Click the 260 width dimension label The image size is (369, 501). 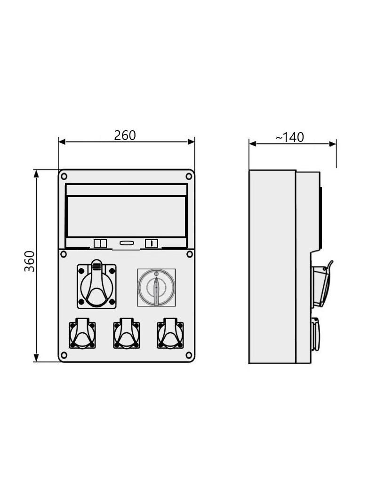click(125, 135)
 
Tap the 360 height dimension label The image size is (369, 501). click(30, 261)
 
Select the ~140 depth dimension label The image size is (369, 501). click(289, 137)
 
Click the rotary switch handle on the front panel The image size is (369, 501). click(156, 291)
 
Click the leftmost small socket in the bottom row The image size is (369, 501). click(82, 333)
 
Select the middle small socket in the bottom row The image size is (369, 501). click(127, 333)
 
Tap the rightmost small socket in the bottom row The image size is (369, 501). click(170, 333)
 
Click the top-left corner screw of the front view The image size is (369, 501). click(64, 176)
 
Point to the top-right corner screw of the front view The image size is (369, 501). click(189, 176)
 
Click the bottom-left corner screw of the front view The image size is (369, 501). click(64, 355)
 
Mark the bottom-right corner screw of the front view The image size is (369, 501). click(189, 355)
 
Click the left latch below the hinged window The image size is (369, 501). click(100, 243)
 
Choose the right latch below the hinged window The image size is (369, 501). click(152, 243)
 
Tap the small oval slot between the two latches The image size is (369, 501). click(126, 243)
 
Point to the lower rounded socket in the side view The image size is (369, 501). click(315, 334)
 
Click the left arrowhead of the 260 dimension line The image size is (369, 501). click(62, 142)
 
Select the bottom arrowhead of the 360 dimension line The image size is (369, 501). click(36, 358)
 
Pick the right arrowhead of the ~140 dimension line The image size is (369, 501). click(333, 144)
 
